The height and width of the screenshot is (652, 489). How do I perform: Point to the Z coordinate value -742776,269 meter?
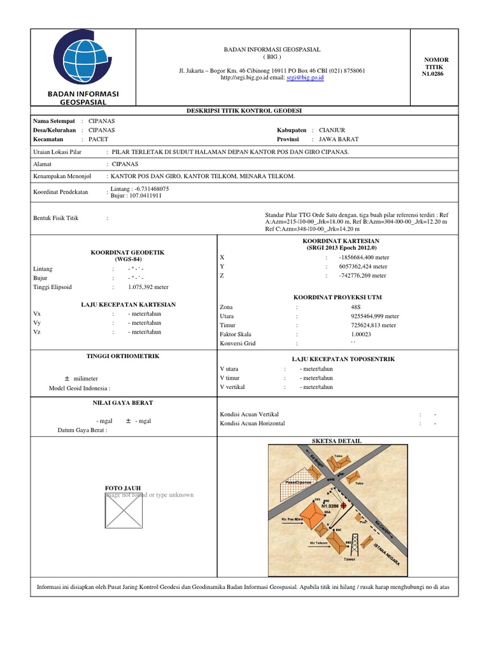click(x=363, y=276)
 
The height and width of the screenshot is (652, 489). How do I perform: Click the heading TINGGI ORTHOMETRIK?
click(x=122, y=356)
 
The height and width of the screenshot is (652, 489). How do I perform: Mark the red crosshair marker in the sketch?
click(x=345, y=506)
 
